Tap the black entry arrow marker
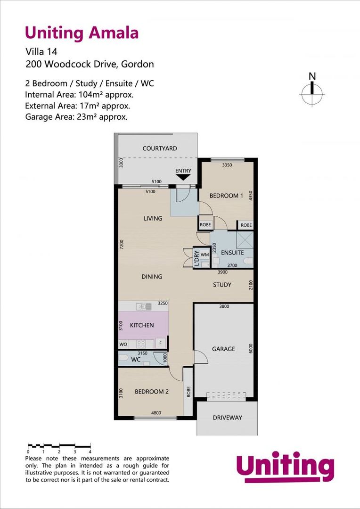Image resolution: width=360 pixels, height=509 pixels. [x=183, y=177]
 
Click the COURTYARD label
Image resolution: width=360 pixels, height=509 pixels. [x=160, y=148]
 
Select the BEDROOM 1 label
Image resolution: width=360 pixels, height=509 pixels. [x=226, y=196]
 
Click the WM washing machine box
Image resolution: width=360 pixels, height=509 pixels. [x=205, y=254]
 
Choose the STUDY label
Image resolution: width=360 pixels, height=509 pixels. [x=222, y=285]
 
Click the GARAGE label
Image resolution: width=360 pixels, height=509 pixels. [x=223, y=349]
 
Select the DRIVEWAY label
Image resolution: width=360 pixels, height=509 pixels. [x=227, y=418]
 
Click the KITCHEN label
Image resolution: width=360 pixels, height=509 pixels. [x=142, y=325]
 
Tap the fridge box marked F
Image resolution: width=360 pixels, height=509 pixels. [x=161, y=344]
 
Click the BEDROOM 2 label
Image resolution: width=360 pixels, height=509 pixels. [x=152, y=392]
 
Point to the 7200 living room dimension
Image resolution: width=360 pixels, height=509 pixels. [x=121, y=244]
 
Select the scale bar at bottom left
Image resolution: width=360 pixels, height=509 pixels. [x=59, y=445]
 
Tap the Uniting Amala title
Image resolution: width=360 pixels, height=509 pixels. [x=82, y=33]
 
